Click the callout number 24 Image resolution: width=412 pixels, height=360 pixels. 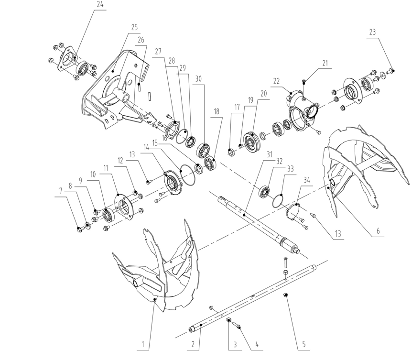tap(100, 4)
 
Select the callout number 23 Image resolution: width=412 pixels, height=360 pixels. tap(373, 32)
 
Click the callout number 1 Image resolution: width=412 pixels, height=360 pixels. tap(144, 343)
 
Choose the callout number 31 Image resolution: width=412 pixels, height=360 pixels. tap(269, 154)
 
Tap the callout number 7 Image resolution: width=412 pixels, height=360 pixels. tap(60, 191)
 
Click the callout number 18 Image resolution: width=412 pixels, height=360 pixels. tap(217, 111)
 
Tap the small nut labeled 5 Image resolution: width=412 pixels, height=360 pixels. tap(285, 295)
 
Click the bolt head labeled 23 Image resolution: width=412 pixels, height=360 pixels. tap(388, 71)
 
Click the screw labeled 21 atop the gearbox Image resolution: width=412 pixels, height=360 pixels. tap(304, 83)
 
